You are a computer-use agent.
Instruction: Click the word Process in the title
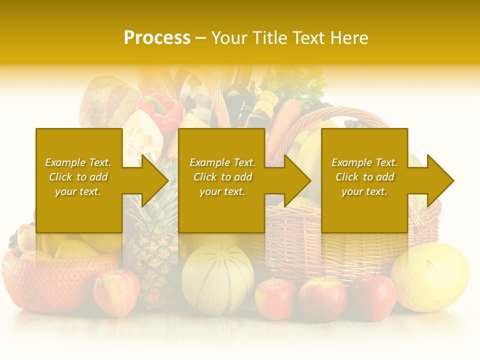157,38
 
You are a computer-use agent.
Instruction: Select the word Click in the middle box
205,177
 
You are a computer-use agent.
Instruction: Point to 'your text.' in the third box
364,191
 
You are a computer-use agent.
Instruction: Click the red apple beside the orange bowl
116,292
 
